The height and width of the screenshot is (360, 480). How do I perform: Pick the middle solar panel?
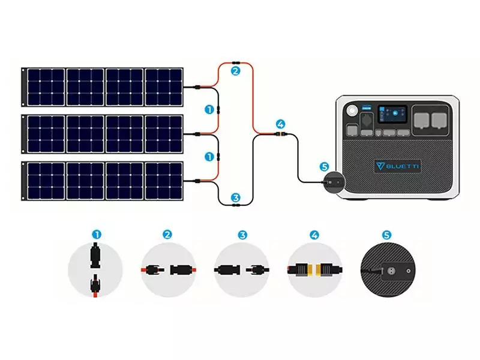point(103,133)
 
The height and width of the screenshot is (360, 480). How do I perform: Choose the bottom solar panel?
point(103,181)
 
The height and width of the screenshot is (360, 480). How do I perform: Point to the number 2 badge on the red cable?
point(235,71)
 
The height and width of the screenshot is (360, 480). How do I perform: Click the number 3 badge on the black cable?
point(235,197)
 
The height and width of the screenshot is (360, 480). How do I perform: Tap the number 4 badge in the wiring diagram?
point(280,125)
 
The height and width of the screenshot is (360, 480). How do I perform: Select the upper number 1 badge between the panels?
point(209,110)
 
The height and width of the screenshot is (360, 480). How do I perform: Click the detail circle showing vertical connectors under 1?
point(95,269)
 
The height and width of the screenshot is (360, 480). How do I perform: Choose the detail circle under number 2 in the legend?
point(169,269)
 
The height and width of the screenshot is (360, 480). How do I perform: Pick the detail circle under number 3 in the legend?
point(241,269)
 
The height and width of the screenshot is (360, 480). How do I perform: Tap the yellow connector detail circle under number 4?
point(314,269)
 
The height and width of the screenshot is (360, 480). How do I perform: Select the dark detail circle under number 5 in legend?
point(387,269)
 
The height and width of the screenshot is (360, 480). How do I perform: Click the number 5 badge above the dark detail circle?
point(387,234)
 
